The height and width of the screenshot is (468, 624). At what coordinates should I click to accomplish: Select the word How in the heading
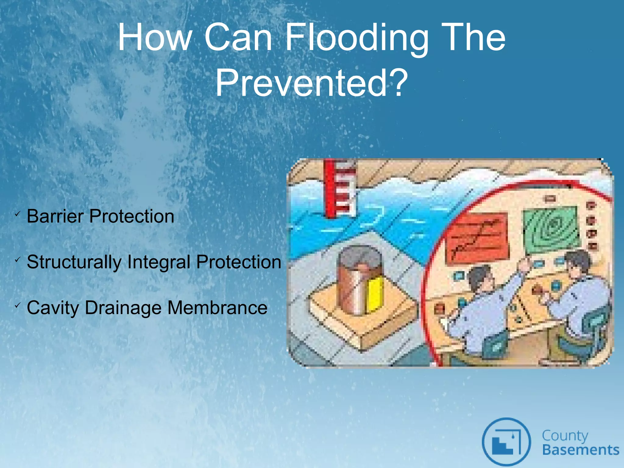click(x=154, y=38)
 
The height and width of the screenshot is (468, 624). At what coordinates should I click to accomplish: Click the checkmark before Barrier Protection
click(x=17, y=214)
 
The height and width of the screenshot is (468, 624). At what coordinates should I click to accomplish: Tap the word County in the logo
click(x=565, y=435)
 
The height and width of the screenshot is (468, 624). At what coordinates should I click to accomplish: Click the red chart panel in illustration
click(x=477, y=238)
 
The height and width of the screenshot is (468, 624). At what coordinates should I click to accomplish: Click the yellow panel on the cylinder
click(x=374, y=294)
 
